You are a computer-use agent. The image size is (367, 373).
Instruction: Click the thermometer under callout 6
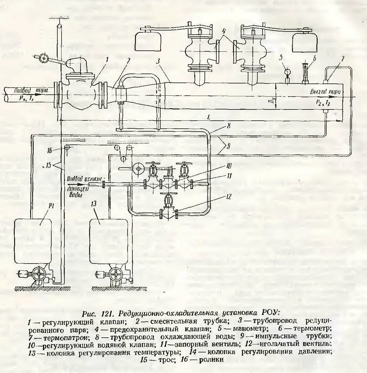click(304, 73)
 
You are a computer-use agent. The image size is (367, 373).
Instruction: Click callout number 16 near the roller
click(57, 150)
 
